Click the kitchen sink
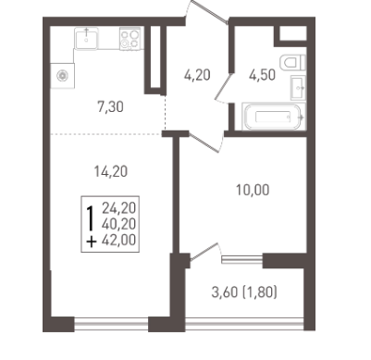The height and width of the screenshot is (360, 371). coord(86,38)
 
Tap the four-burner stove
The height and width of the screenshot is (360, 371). coord(130,39)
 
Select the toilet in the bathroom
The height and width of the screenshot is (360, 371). coord(293,63)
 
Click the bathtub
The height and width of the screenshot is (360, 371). coord(274,117)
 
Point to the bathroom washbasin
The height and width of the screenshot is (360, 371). coord(298,88)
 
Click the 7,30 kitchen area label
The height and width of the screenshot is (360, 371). coord(110,107)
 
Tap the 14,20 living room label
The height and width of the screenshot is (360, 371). coord(111,171)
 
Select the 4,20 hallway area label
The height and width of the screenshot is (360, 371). coord(197,75)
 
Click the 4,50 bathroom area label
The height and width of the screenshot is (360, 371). coord(263,75)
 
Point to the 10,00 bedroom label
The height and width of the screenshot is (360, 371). coord(253,190)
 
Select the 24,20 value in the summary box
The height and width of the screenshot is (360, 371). coord(119,208)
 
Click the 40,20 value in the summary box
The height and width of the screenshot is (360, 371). coord(119,224)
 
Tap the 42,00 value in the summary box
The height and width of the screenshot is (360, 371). coord(119,240)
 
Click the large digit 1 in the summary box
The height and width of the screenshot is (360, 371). coord(91,218)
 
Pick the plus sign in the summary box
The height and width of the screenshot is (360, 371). coord(91,242)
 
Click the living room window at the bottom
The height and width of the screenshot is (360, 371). coord(111,324)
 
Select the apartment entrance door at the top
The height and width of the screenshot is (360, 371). coord(206,12)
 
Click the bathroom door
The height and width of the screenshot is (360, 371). coord(223,87)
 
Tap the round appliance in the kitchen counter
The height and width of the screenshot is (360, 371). coord(63,76)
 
